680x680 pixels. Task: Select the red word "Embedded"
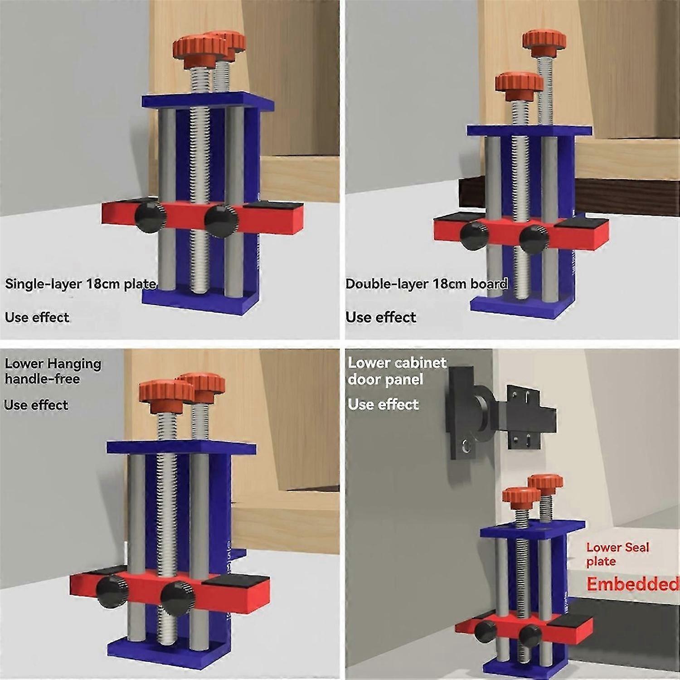(633, 584)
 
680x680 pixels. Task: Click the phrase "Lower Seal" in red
(618, 547)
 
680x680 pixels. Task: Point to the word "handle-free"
(42, 379)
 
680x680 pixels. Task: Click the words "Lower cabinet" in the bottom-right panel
(397, 363)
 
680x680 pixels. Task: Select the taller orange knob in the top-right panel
(544, 40)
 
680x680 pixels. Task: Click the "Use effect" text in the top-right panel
(381, 317)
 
